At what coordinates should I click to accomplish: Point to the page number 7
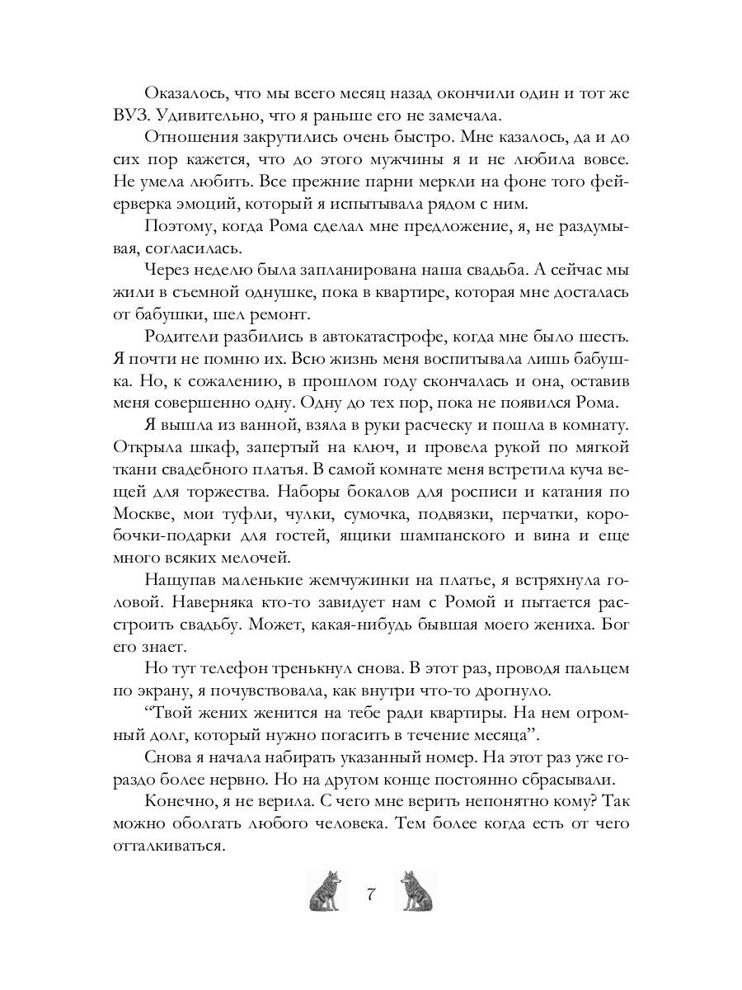(x=371, y=893)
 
